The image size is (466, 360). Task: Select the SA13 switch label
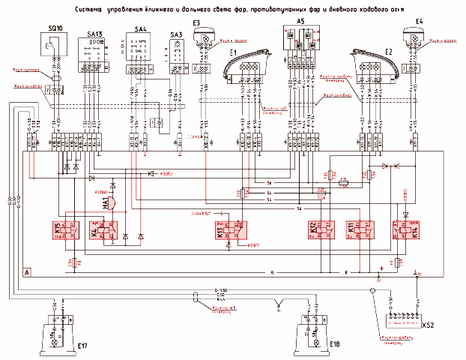click(x=96, y=34)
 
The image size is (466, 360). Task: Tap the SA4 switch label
click(x=141, y=28)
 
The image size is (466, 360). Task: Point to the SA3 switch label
click(x=176, y=34)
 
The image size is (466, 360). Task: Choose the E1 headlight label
click(x=232, y=52)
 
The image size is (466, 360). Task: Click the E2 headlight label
click(x=388, y=52)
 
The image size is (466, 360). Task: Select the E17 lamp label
click(x=82, y=346)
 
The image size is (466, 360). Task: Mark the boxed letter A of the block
click(x=28, y=271)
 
